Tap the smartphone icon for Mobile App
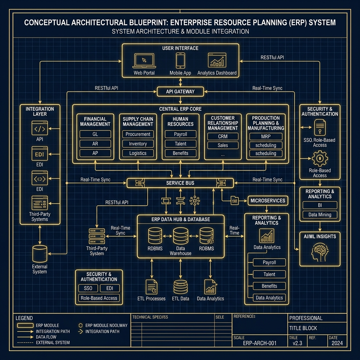[180, 60]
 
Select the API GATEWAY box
[180, 92]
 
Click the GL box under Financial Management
[95, 134]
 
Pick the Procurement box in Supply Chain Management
[138, 134]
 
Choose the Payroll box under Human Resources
[180, 134]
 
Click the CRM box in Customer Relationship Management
[223, 136]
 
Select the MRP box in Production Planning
[265, 136]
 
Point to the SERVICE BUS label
[180, 183]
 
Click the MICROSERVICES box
[268, 200]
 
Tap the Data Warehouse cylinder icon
[180, 237]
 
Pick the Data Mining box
[320, 214]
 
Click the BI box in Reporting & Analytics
[320, 205]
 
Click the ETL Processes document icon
[152, 287]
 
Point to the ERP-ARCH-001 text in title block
[259, 343]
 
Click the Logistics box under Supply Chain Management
[138, 153]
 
